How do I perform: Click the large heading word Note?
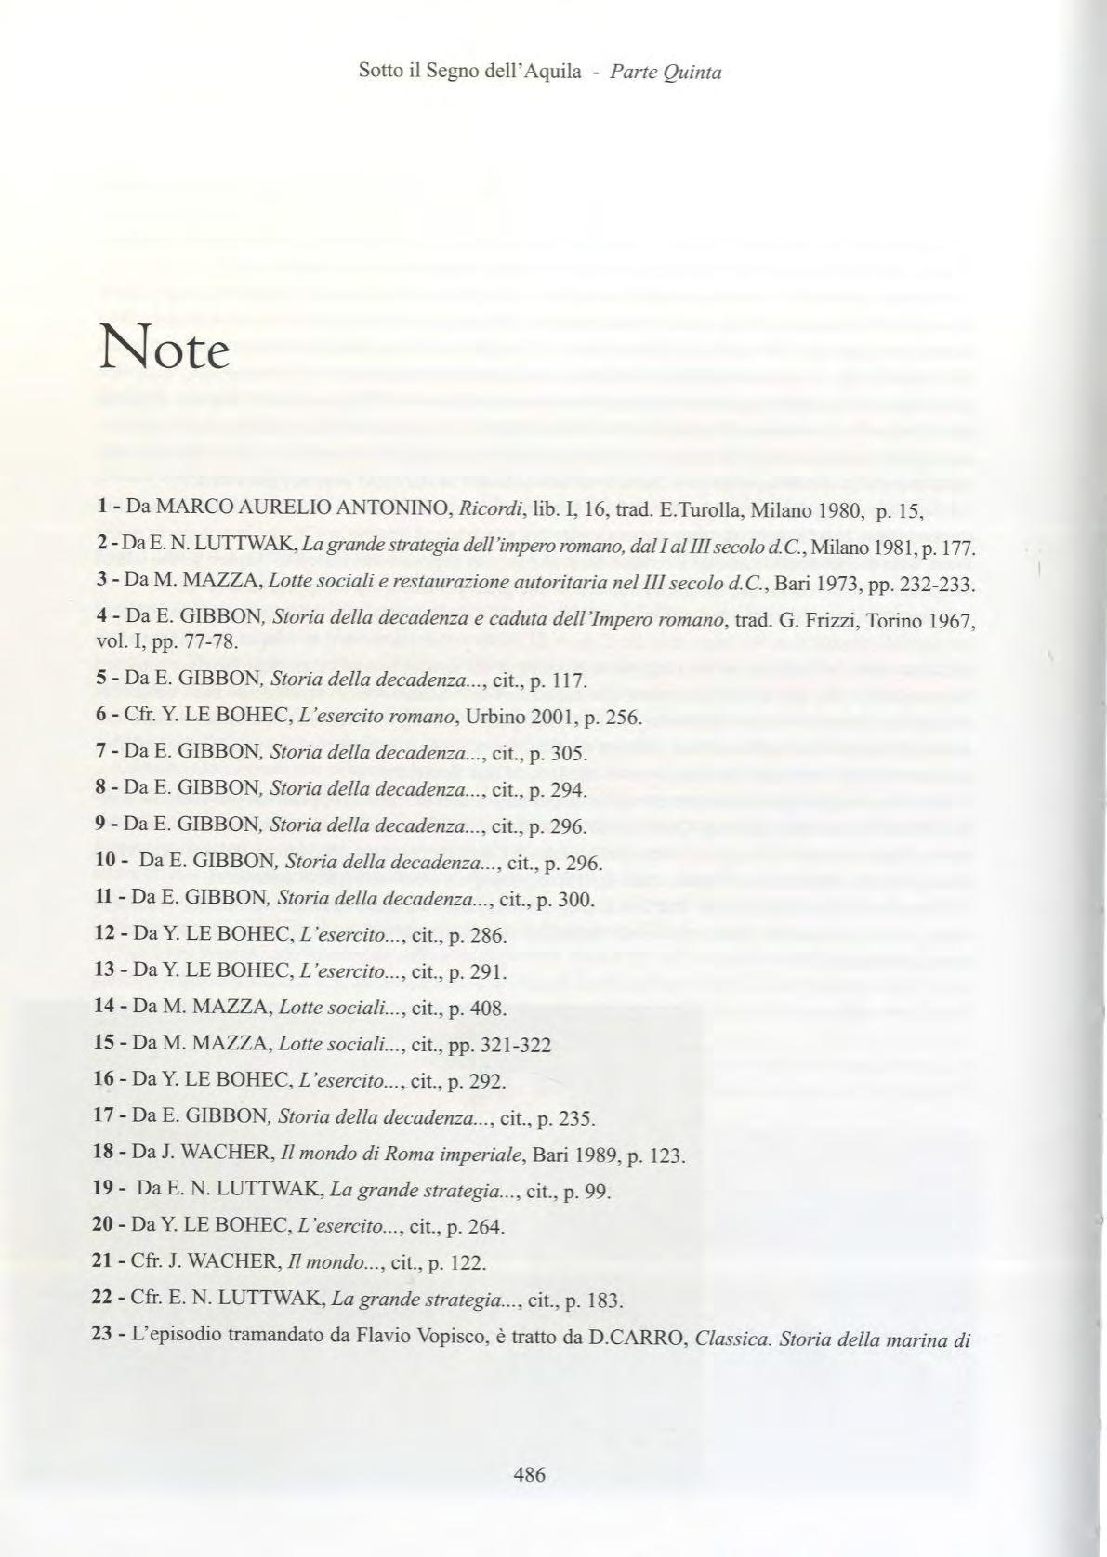163,350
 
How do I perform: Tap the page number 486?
529,1474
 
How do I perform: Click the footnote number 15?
104,1043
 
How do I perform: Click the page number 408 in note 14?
489,1008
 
